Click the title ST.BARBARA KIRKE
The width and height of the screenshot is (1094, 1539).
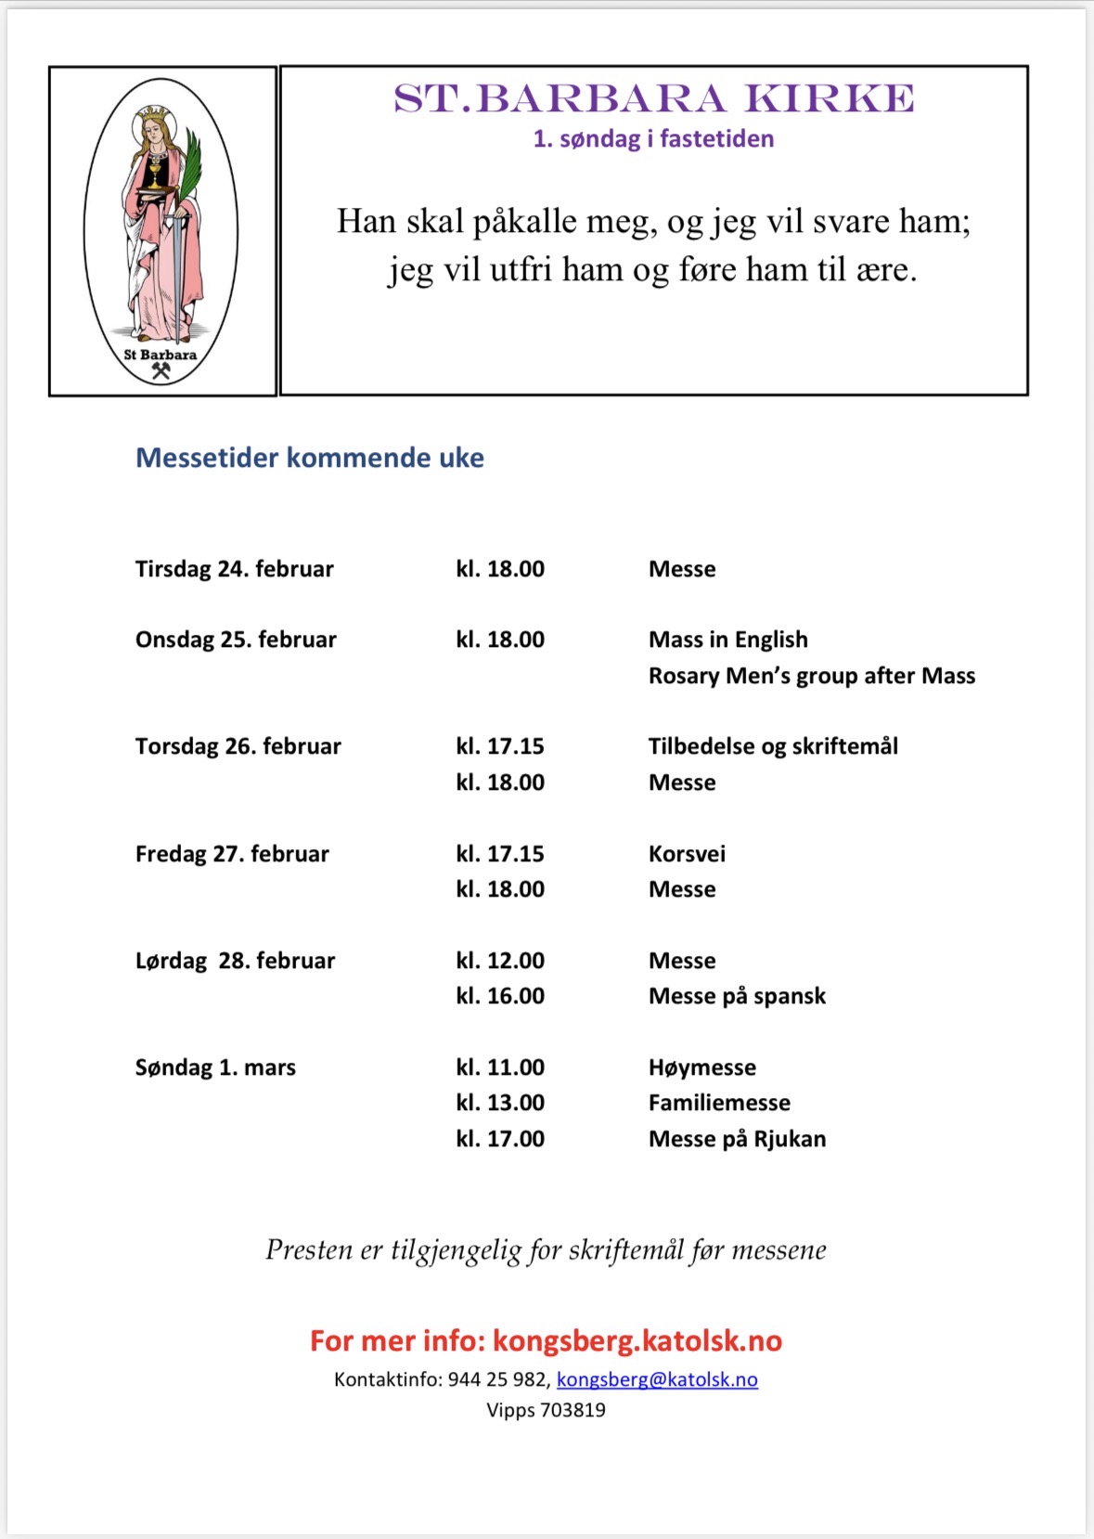[x=653, y=98]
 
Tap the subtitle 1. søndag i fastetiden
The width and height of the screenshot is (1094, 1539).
[x=653, y=139]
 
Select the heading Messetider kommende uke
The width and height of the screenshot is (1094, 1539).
[x=310, y=458]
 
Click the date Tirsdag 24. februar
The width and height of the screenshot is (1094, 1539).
[x=234, y=569]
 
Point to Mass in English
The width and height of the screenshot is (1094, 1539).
[x=727, y=640]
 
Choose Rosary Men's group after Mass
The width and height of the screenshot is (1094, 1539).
[x=811, y=676]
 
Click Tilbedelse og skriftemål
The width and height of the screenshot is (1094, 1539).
[x=772, y=746]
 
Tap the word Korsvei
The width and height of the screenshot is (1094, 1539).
[x=687, y=854]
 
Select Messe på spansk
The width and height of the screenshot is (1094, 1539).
[x=737, y=996]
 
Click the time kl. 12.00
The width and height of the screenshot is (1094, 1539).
[x=500, y=961]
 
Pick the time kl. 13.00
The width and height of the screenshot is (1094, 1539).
[x=500, y=1103]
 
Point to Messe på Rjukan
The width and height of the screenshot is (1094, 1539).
[x=737, y=1139]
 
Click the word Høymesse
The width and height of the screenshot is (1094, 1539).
[x=701, y=1067]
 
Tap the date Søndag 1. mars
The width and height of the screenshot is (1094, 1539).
[x=215, y=1067]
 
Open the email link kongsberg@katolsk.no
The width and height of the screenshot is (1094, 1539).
[x=657, y=1379]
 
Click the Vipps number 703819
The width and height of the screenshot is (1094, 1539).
[x=573, y=1410]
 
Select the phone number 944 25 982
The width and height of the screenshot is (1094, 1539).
[x=497, y=1379]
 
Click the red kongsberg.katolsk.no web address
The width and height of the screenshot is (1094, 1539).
[x=637, y=1340]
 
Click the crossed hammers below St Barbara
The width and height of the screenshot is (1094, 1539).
[x=161, y=371]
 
